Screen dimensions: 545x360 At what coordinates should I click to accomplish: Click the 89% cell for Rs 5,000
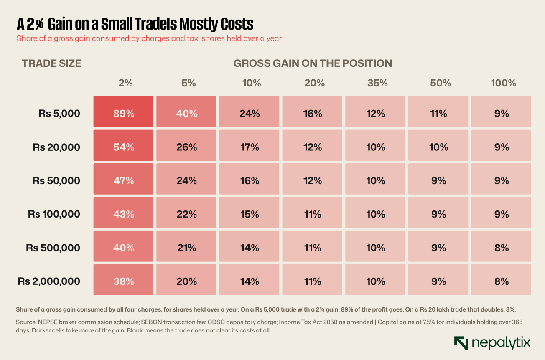[123, 112]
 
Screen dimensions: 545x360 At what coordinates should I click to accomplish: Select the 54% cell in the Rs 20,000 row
[123, 145]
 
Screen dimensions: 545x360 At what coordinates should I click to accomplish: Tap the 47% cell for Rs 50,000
[123, 179]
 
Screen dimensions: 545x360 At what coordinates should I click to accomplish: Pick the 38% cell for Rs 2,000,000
[123, 280]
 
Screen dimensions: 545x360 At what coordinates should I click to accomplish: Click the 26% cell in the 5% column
[186, 145]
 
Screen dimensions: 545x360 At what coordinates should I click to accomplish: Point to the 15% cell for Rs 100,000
[250, 213]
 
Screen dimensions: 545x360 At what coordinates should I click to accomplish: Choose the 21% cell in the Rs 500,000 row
[186, 246]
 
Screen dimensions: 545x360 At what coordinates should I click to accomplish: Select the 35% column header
[377, 83]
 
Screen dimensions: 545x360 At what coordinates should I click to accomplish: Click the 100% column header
[503, 83]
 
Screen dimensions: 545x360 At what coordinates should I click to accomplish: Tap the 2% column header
[125, 83]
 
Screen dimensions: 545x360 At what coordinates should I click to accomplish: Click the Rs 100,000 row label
[54, 214]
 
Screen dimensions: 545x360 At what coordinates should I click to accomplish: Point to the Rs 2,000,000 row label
[49, 281]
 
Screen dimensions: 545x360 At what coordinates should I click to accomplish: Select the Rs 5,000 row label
[59, 114]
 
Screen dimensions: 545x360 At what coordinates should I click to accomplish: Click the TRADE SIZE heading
[51, 63]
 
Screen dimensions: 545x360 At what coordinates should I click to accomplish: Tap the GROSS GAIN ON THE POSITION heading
[313, 63]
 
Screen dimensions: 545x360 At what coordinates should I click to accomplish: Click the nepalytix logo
[492, 343]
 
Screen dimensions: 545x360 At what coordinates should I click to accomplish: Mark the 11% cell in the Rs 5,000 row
[438, 112]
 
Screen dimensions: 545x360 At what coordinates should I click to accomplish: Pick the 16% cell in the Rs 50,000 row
[250, 179]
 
